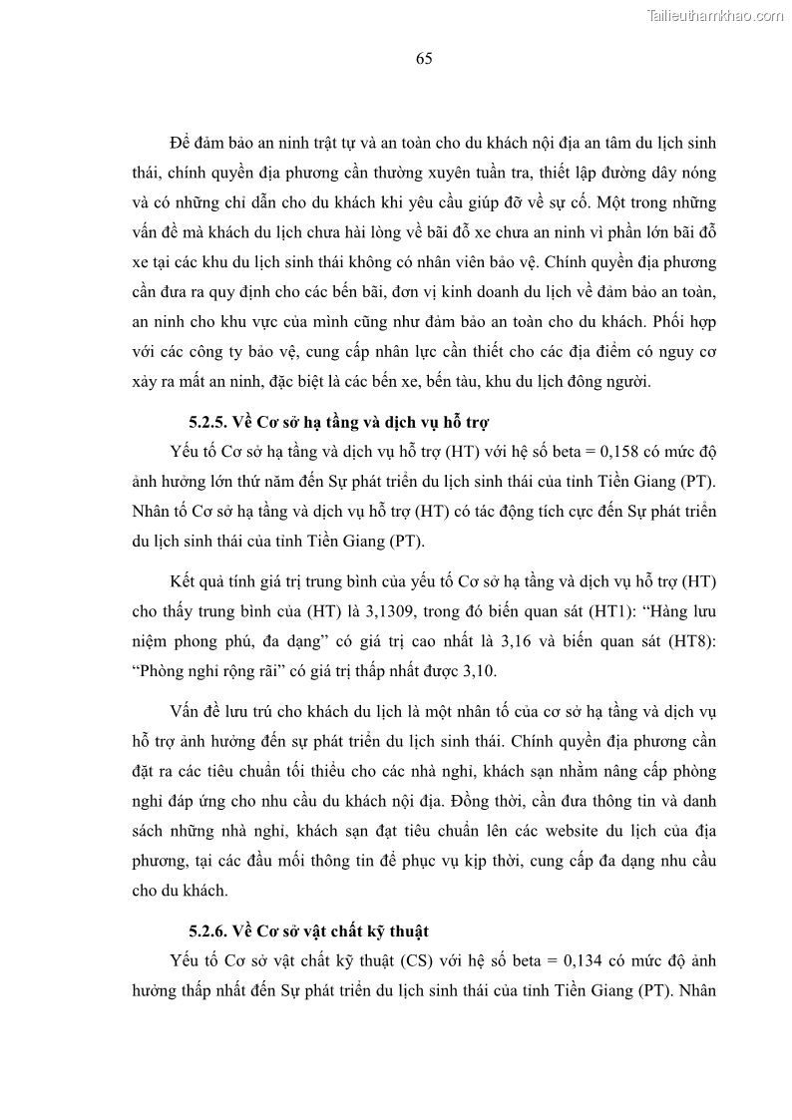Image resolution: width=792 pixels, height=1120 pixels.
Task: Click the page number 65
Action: [x=423, y=59]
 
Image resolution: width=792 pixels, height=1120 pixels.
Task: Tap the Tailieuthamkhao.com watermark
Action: [x=715, y=15]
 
